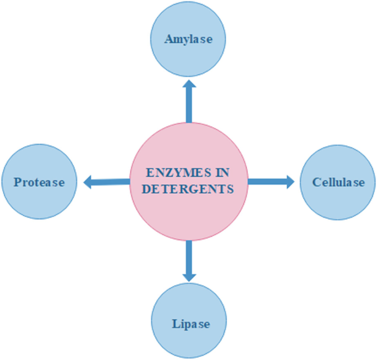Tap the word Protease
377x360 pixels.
[39, 182]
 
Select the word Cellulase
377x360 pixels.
[338, 182]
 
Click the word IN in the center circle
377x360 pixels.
[221, 173]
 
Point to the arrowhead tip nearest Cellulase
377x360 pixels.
[294, 181]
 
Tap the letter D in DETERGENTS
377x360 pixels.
[146, 189]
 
